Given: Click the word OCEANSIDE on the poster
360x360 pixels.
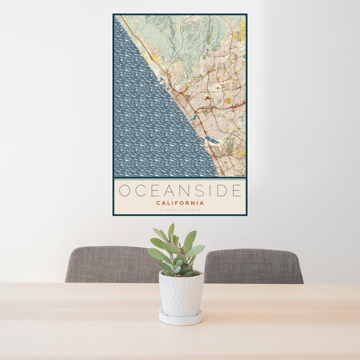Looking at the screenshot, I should click(x=180, y=191).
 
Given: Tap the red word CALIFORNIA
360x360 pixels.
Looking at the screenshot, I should click(x=180, y=203).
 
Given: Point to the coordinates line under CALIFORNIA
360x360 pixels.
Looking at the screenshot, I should click(x=180, y=209).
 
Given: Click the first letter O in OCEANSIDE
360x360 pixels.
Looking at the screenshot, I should click(x=124, y=191).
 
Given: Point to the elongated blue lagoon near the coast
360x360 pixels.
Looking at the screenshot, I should click(x=212, y=141).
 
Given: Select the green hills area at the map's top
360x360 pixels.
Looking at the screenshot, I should click(x=180, y=36).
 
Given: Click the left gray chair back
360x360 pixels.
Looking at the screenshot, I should click(x=108, y=264).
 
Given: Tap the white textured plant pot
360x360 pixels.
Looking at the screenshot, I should click(x=181, y=294).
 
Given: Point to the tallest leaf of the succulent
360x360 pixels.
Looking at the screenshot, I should click(x=171, y=231).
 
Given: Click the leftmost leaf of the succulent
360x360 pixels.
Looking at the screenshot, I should click(x=154, y=253).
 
